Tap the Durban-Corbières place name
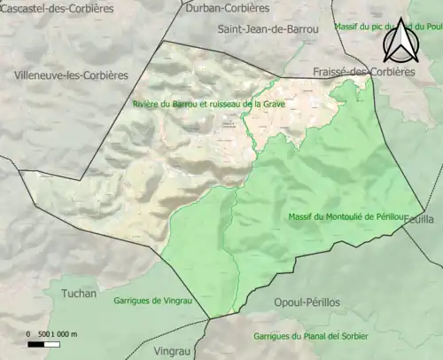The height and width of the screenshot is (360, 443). pyautogui.click(x=228, y=8)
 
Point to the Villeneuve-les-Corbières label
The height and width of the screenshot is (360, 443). pyautogui.click(x=71, y=75)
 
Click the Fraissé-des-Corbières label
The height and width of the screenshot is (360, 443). pyautogui.click(x=363, y=72)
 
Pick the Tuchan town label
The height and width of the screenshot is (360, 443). pyautogui.click(x=79, y=292)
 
